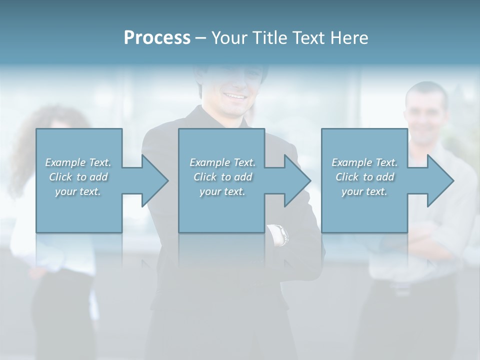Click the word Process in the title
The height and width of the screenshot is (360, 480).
click(x=157, y=38)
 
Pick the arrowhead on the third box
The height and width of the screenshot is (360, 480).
click(x=439, y=180)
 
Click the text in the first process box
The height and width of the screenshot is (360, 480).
click(x=78, y=176)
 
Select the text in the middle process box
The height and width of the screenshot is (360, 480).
click(x=222, y=176)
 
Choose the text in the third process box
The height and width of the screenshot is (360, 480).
click(x=364, y=176)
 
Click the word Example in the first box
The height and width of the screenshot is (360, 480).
click(x=65, y=162)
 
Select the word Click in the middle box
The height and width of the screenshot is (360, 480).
click(x=204, y=177)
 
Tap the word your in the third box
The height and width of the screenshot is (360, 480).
click(x=351, y=191)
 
